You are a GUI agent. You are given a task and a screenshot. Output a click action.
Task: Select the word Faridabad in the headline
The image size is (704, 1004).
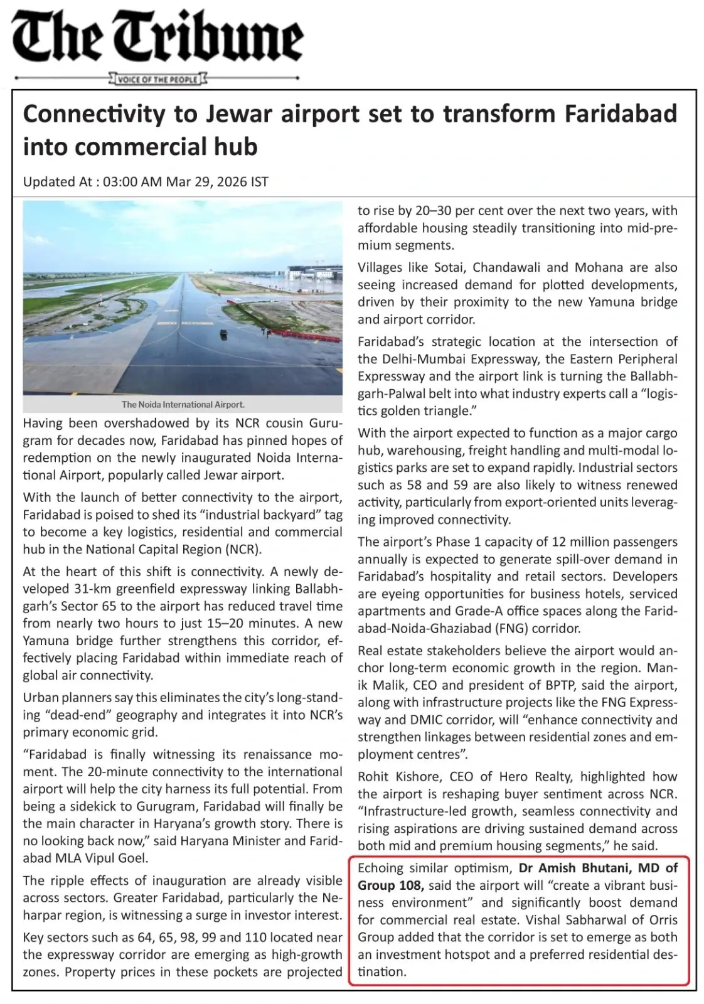621,114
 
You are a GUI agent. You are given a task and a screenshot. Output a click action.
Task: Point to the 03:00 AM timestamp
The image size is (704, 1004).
132,182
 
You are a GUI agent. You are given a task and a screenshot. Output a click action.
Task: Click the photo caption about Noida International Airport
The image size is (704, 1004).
183,405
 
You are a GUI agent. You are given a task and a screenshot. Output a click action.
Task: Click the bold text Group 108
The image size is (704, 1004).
391,885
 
